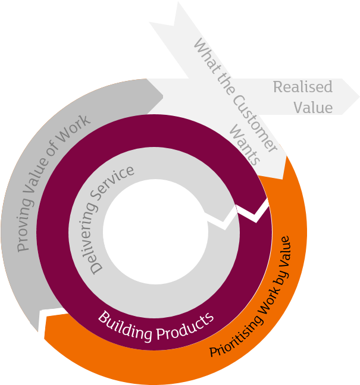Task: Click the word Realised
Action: (302, 87)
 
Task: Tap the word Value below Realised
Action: (312, 107)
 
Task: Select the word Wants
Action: (245, 145)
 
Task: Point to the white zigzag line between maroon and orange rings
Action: (253, 211)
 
